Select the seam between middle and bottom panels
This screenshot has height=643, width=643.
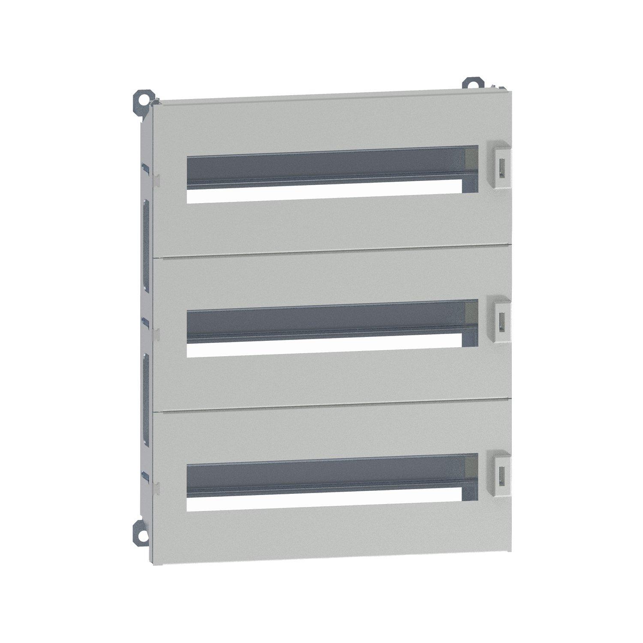332,406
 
